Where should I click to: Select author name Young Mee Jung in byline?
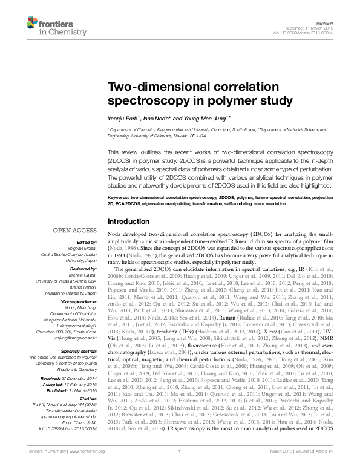(208, 118)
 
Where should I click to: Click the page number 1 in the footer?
(180, 466)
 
